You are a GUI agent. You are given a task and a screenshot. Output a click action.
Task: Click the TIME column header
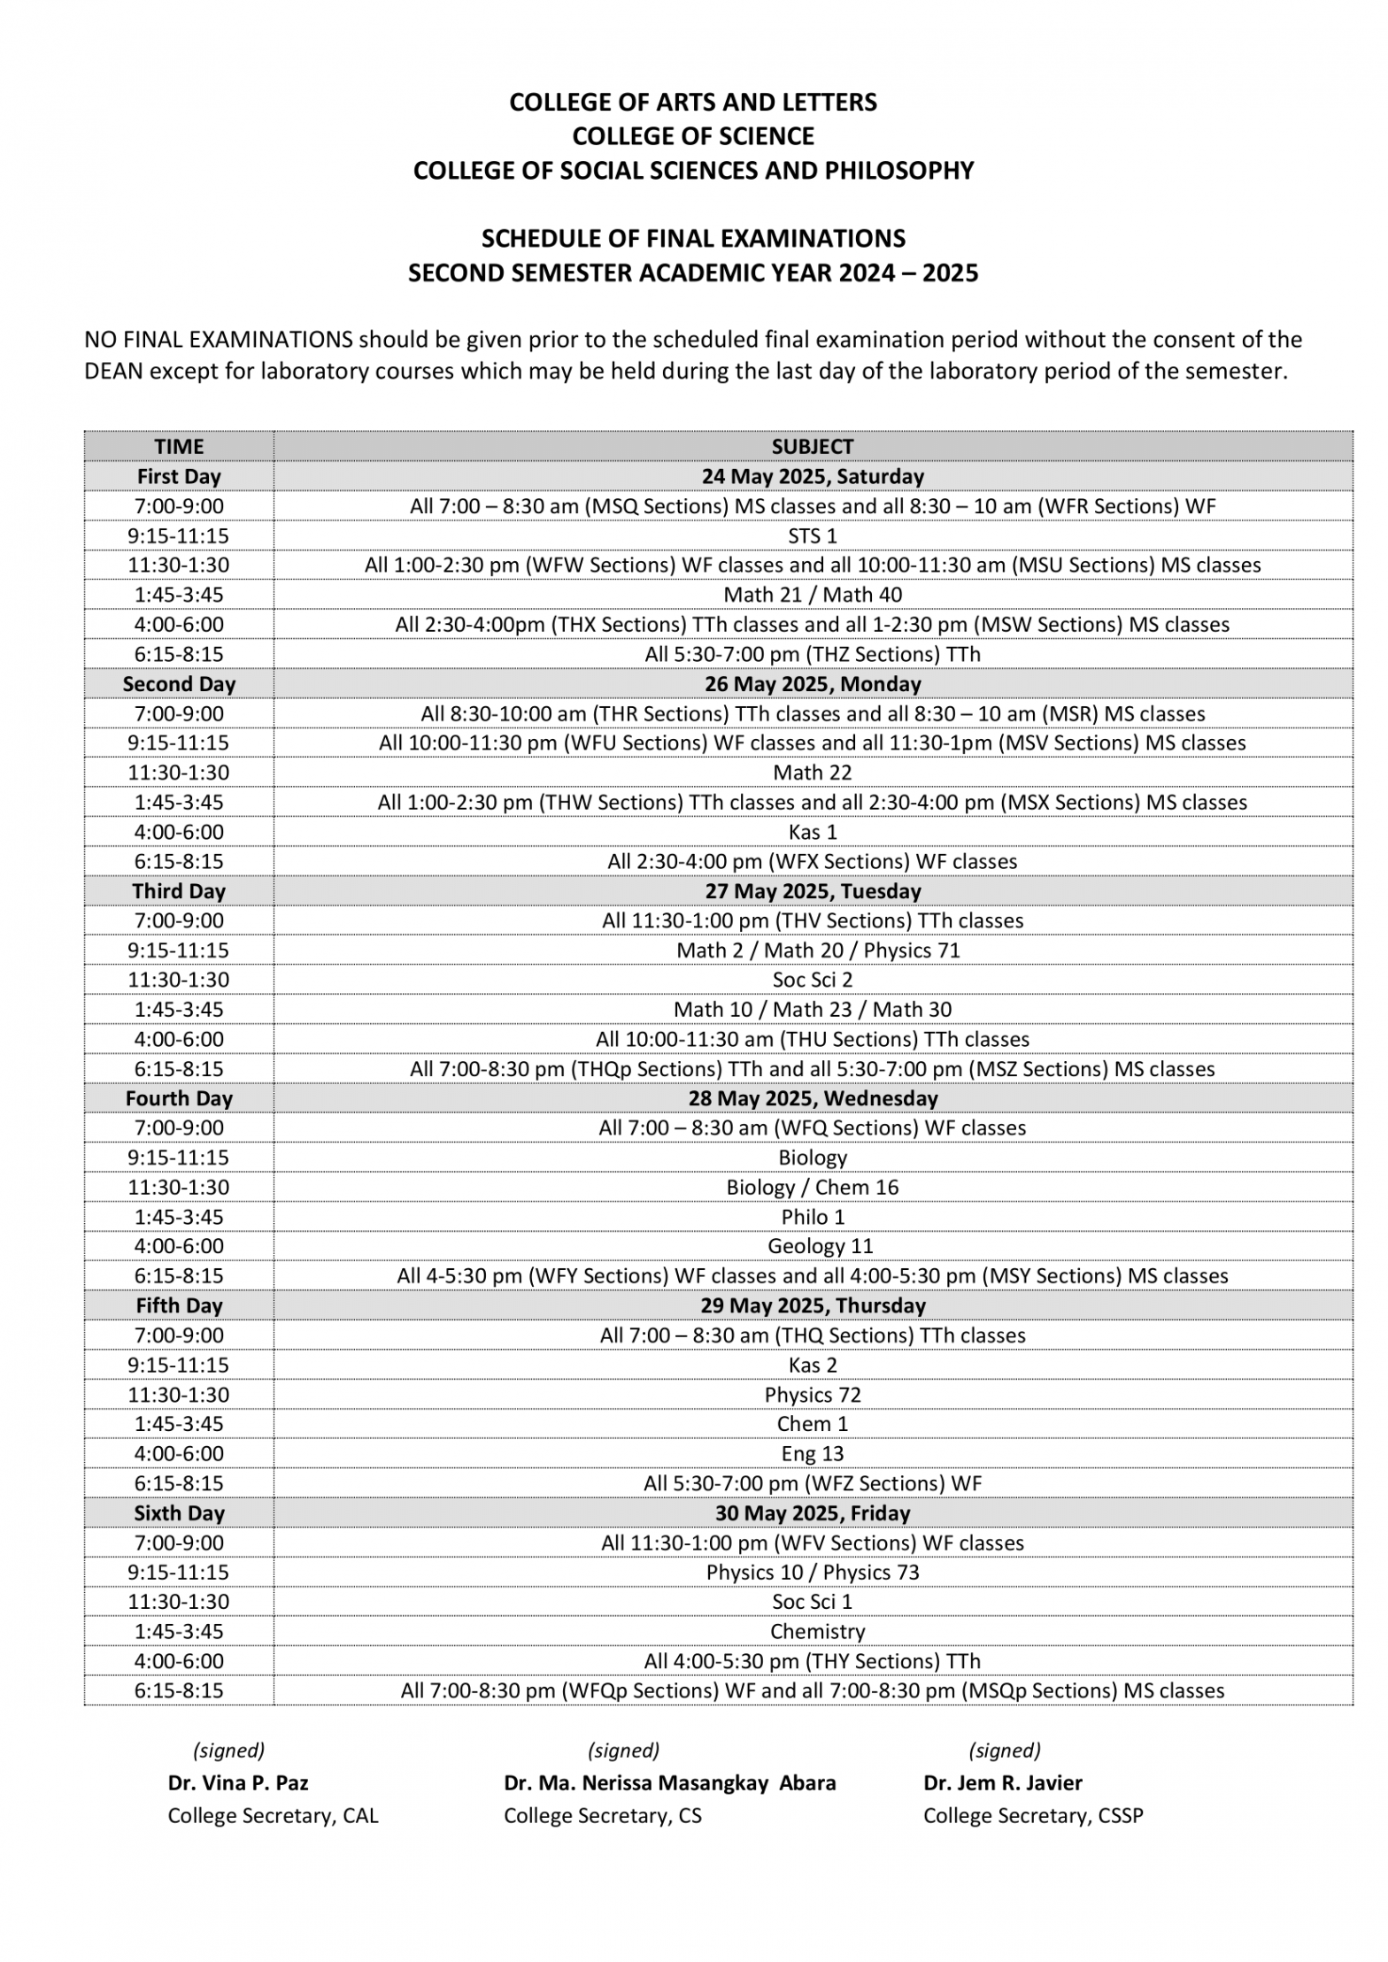(x=179, y=446)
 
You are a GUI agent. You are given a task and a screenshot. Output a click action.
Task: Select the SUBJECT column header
(x=812, y=446)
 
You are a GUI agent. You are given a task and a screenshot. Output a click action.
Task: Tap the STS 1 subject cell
(x=812, y=535)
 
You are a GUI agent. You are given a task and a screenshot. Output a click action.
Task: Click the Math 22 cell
(x=812, y=773)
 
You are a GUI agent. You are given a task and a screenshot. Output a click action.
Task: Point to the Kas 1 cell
(x=812, y=832)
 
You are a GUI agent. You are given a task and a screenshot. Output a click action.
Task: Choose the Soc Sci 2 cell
(x=812, y=980)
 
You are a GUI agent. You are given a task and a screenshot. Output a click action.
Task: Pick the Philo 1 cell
(x=812, y=1217)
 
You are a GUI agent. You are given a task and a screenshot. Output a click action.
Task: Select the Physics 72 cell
(x=812, y=1395)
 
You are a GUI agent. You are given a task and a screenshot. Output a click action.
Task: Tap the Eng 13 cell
(x=812, y=1453)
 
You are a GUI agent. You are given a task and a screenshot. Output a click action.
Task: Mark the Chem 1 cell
(x=812, y=1424)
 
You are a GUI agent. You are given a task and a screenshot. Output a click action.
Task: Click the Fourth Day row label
(x=179, y=1098)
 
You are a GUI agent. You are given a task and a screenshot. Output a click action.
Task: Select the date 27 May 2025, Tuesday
(x=812, y=891)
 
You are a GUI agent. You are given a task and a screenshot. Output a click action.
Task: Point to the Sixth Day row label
(x=179, y=1513)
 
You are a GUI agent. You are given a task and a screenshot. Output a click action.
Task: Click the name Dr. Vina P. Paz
(x=238, y=1782)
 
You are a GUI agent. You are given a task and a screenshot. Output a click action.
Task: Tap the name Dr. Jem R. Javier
(x=1002, y=1782)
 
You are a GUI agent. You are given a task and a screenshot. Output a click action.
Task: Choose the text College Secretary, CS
(x=602, y=1815)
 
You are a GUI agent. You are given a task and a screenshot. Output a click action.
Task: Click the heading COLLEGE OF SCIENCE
(x=693, y=136)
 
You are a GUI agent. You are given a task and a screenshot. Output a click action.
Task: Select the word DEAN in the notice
(x=113, y=371)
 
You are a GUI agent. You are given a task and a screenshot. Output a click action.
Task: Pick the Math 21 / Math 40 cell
(x=812, y=595)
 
